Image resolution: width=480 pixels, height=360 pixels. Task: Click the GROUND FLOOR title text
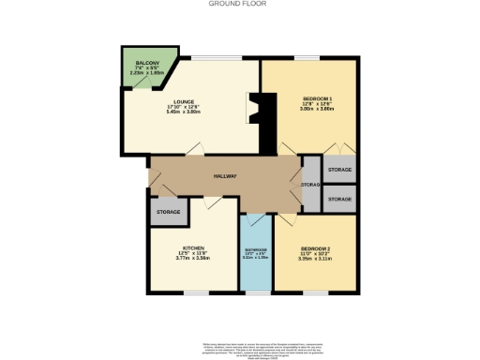coord(239,4)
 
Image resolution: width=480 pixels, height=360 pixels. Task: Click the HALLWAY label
coord(224,175)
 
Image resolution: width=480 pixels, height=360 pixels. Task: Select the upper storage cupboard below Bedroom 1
coord(338,171)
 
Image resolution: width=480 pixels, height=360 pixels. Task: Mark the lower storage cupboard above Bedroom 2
coord(338,200)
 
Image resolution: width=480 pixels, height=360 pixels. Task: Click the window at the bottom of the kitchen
coord(193,292)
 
